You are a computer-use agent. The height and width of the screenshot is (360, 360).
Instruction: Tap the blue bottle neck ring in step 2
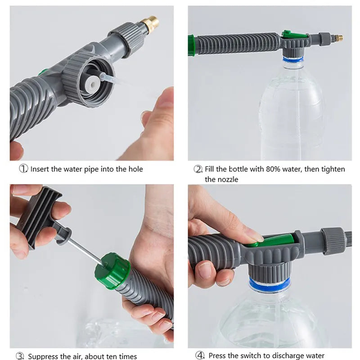coord(292,59)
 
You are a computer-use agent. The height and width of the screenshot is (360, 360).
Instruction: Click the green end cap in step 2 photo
coord(192,45)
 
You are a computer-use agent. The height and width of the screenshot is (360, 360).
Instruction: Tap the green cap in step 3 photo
coord(112,270)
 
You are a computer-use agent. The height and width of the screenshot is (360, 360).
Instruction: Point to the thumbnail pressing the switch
coord(254,235)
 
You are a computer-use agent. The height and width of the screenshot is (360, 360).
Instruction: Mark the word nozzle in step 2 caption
coord(228,179)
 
